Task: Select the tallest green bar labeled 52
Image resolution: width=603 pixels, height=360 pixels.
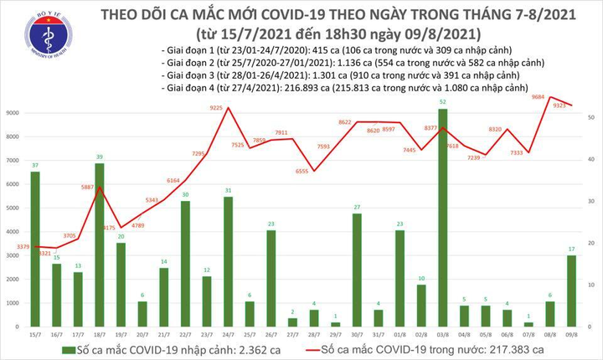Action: pyautogui.click(x=442, y=218)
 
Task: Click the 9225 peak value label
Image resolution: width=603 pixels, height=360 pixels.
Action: pyautogui.click(x=216, y=107)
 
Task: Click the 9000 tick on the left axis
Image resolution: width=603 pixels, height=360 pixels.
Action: pyautogui.click(x=13, y=112)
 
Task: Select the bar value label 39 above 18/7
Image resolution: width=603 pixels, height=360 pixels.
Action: pyautogui.click(x=100, y=157)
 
